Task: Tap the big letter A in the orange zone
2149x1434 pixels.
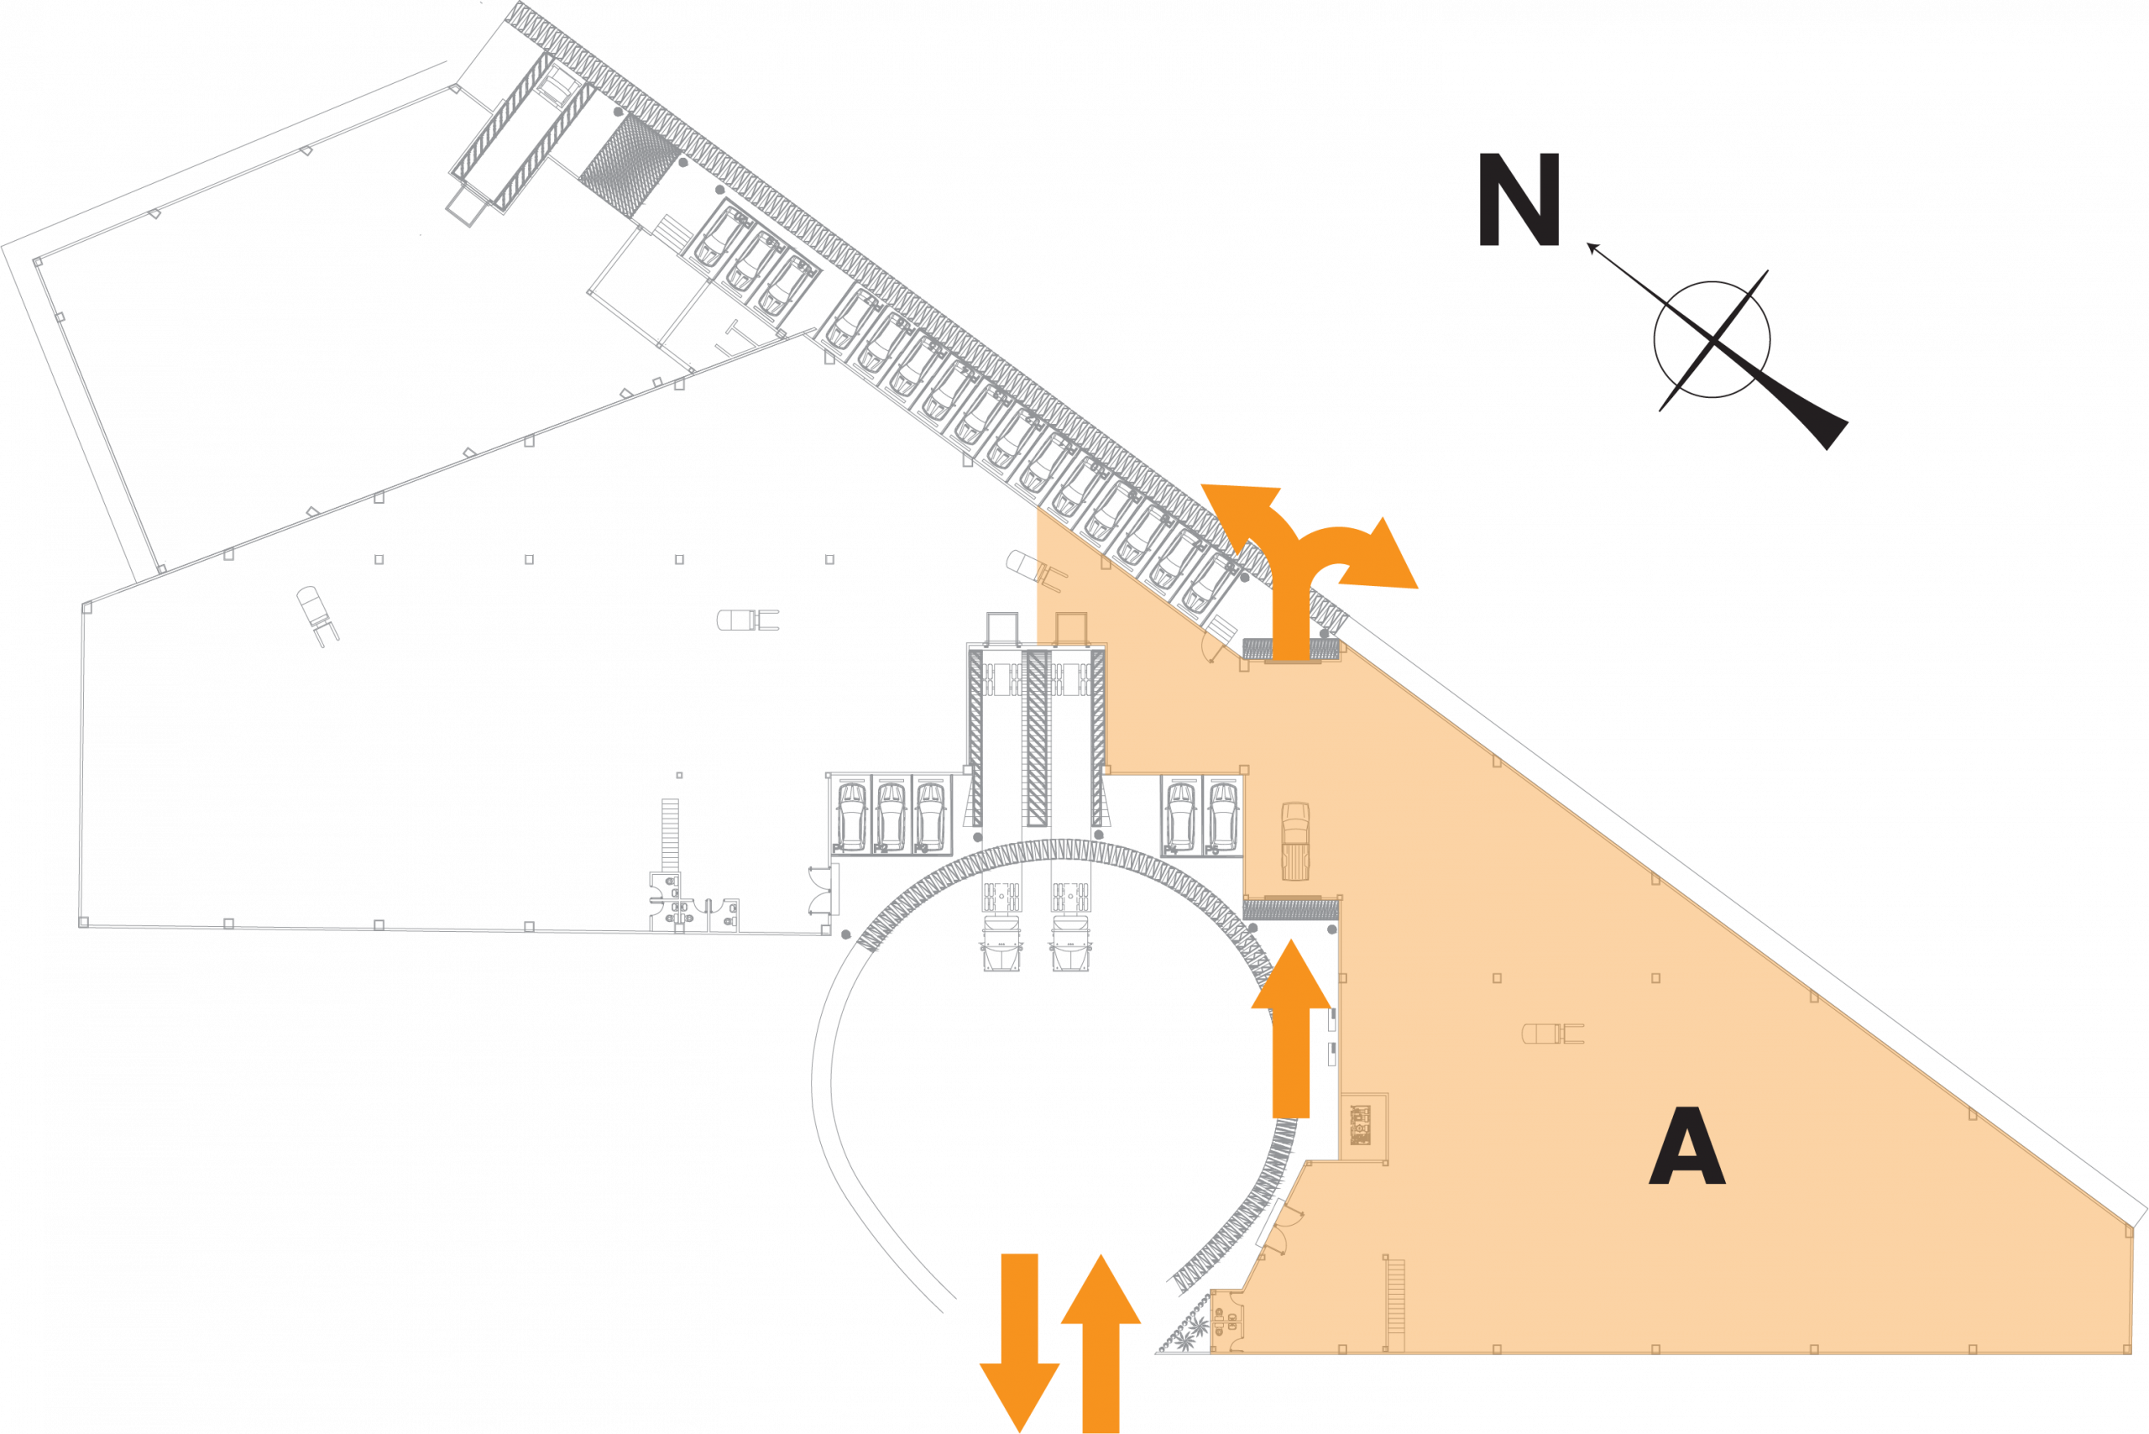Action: [1686, 1147]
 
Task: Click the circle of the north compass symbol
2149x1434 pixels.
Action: [1711, 339]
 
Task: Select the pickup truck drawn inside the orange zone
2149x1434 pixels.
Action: [1295, 840]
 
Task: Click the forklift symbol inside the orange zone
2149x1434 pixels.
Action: [1552, 1034]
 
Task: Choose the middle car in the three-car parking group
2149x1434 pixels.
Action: [890, 814]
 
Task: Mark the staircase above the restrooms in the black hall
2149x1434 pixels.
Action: [671, 832]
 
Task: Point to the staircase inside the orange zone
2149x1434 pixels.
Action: [1394, 1304]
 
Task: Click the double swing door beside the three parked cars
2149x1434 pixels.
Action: [822, 890]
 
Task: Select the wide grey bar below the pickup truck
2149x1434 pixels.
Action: [1290, 910]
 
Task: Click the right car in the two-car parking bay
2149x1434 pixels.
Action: [1221, 814]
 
